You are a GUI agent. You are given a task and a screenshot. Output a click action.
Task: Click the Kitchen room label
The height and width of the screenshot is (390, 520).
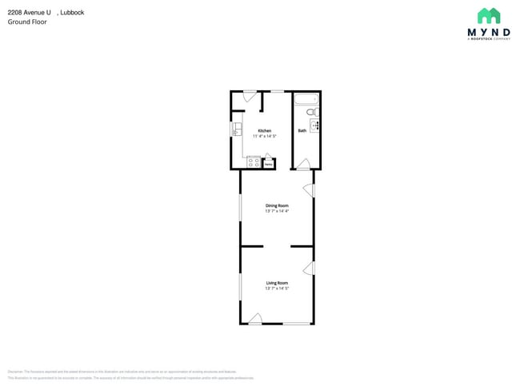(263, 130)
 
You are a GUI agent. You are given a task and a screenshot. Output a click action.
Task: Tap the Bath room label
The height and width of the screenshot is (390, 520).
(302, 130)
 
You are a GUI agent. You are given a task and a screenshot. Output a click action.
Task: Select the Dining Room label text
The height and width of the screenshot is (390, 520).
(277, 205)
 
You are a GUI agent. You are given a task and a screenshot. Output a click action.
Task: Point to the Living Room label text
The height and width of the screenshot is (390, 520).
(277, 283)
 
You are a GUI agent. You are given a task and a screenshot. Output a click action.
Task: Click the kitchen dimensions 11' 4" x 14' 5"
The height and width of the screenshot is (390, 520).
(263, 136)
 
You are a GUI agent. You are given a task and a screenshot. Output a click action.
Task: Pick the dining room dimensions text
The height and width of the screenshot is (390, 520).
(277, 211)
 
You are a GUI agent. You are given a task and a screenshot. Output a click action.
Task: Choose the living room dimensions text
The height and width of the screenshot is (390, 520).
(277, 289)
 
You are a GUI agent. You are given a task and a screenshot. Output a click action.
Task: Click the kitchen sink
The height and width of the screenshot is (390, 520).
(237, 129)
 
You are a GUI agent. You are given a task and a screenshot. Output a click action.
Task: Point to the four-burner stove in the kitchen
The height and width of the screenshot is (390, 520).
(253, 162)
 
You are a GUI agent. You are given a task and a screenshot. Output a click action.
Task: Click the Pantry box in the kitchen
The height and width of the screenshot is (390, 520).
(269, 164)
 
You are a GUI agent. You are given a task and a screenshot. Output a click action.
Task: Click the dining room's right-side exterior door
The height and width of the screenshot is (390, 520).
(309, 189)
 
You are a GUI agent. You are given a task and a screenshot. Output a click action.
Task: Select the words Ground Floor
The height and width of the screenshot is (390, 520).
(27, 22)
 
